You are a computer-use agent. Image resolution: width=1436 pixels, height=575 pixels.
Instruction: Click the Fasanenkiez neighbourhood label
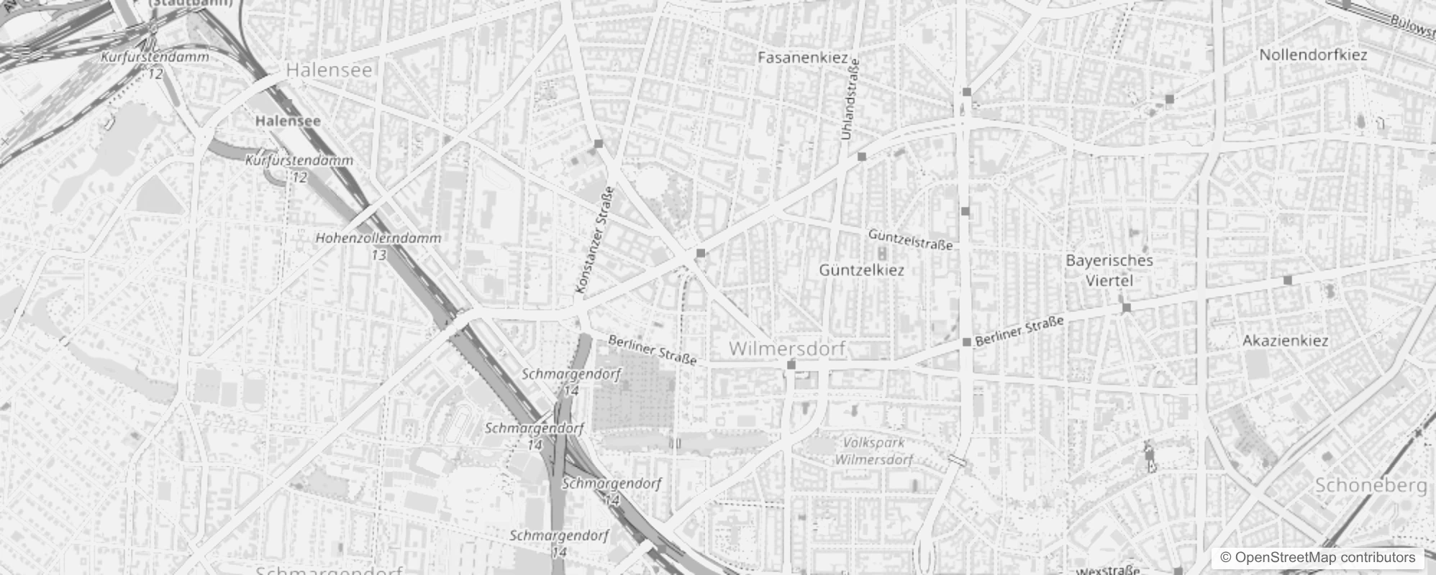click(x=802, y=57)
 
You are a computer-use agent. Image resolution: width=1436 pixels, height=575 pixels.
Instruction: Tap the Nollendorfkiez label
click(x=1313, y=55)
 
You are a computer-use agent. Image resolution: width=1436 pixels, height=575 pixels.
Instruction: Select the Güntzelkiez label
click(x=861, y=270)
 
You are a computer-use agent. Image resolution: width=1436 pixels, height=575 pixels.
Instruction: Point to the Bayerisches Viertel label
click(x=1109, y=270)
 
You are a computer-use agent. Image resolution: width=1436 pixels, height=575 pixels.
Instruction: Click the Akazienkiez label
click(x=1285, y=341)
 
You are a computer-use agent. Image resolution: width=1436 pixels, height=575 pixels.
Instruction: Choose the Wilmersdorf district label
click(x=787, y=349)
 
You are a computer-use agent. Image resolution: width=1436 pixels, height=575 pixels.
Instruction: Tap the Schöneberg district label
click(x=1371, y=485)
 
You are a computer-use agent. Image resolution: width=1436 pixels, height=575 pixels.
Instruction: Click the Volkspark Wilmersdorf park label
click(x=873, y=451)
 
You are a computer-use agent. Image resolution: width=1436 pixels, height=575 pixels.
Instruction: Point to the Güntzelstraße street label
click(x=910, y=239)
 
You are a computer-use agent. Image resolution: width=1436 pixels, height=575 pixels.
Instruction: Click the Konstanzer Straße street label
click(x=595, y=240)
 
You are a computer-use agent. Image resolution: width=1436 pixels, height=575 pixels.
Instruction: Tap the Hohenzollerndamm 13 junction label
click(x=378, y=245)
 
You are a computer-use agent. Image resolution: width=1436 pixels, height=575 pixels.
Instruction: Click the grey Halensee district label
click(x=329, y=70)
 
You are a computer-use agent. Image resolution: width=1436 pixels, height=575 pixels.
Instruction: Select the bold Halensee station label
click(x=288, y=121)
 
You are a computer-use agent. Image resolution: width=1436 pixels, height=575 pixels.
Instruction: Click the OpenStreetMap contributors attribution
click(x=1317, y=558)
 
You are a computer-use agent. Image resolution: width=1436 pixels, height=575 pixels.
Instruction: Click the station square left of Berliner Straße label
click(x=967, y=342)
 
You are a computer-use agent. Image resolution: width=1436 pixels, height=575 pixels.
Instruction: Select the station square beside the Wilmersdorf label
click(x=791, y=365)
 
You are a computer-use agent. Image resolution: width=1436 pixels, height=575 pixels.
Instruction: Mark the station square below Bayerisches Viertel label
click(x=1127, y=308)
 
